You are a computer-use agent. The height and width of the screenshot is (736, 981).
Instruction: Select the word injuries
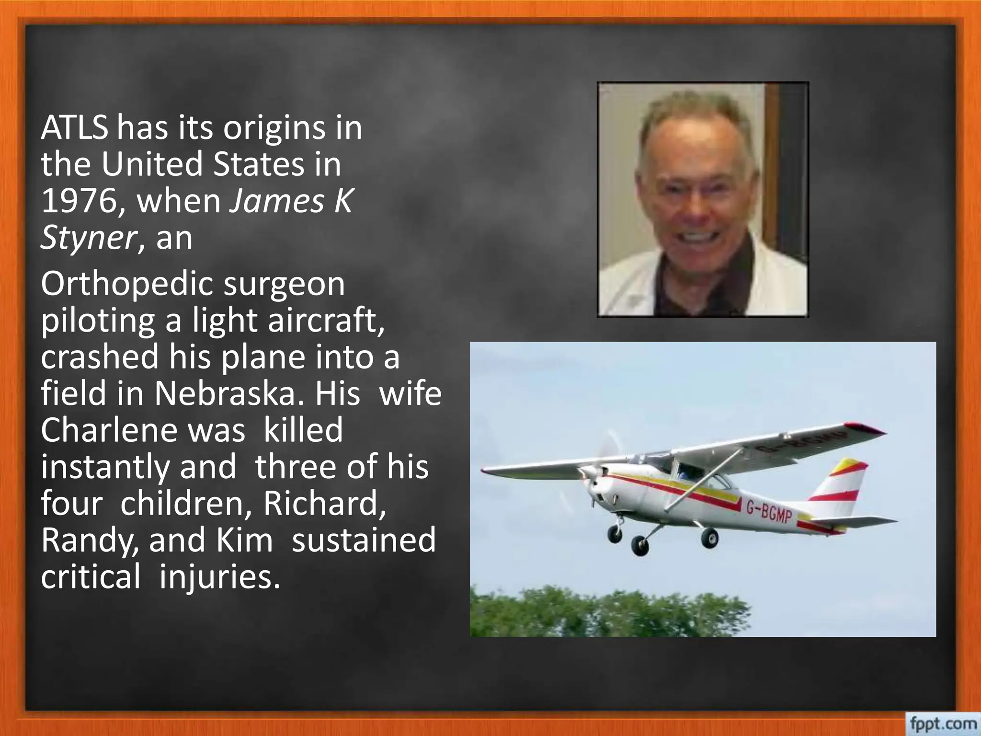click(x=219, y=576)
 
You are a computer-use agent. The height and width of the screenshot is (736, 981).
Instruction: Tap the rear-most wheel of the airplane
click(x=709, y=538)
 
